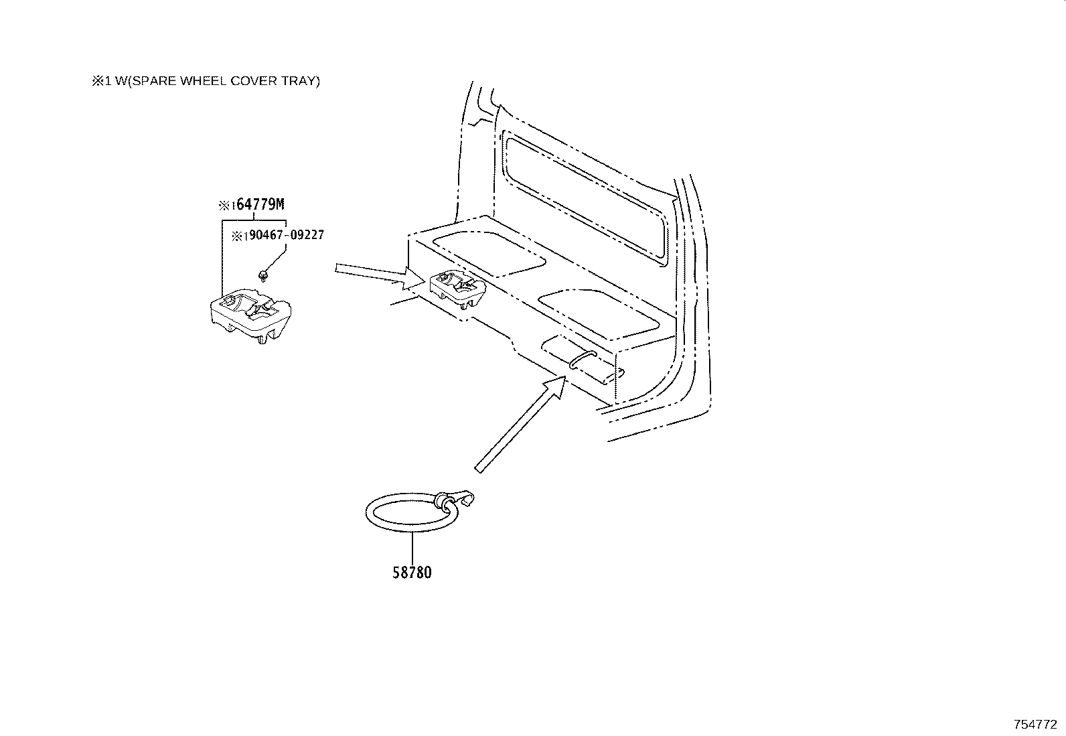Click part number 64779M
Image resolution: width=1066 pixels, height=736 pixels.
point(260,204)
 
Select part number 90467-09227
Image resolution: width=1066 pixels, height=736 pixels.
point(287,234)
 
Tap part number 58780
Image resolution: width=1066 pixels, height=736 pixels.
point(412,572)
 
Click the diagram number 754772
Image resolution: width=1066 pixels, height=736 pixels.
point(1035,724)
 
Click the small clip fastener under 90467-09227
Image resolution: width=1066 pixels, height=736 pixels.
point(262,275)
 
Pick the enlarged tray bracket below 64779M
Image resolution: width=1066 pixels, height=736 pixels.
point(251,315)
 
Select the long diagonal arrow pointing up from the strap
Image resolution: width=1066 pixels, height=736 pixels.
point(520,424)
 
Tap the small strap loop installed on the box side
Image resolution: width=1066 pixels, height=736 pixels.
point(583,359)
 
